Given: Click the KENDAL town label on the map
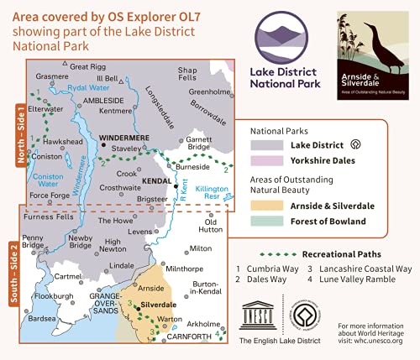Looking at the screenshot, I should [x=135, y=180].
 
